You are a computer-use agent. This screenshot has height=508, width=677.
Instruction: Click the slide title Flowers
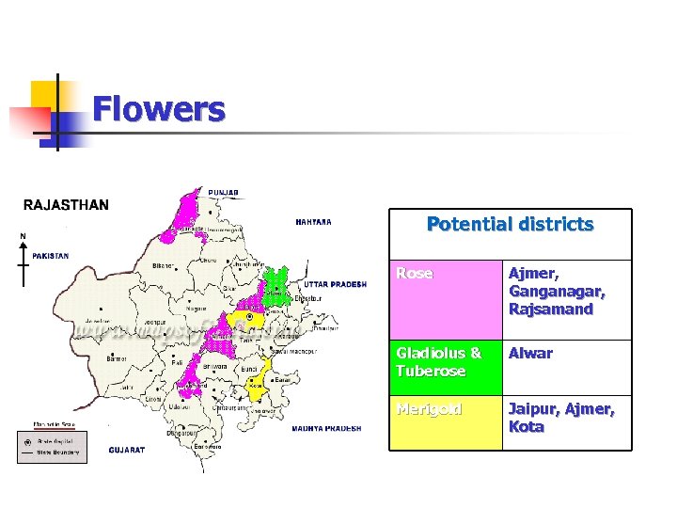click(x=158, y=110)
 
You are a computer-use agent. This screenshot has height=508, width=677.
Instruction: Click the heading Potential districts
click(x=510, y=225)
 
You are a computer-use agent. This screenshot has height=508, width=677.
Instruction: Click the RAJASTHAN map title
click(x=66, y=204)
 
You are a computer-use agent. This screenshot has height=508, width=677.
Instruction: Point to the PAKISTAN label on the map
click(x=51, y=255)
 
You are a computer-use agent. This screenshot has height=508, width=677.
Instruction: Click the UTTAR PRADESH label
click(x=335, y=283)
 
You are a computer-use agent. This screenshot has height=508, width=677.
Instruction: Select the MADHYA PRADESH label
click(x=325, y=428)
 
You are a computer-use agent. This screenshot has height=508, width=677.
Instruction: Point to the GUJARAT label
click(x=127, y=451)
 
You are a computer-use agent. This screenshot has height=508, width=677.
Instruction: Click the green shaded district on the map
click(x=276, y=284)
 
